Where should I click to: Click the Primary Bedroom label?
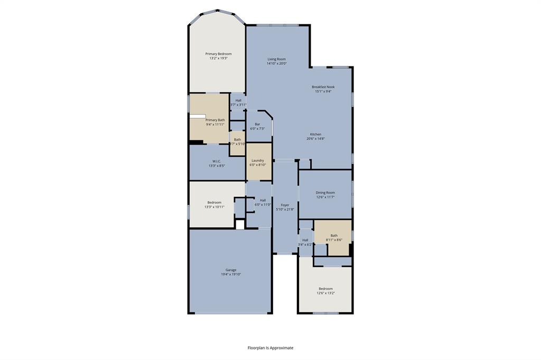[x=218, y=54]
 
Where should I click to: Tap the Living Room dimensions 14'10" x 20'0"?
[x=276, y=63]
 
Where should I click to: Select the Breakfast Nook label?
[x=323, y=87]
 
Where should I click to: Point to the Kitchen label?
[x=315, y=134]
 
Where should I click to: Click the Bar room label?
[x=257, y=124]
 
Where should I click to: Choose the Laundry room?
[x=258, y=160]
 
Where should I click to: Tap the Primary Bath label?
[x=215, y=120]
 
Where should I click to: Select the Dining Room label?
[x=325, y=193]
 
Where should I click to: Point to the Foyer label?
[x=285, y=205]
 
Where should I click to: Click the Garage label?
[x=231, y=270]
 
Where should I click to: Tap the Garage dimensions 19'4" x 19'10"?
[x=231, y=274]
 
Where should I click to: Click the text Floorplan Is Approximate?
[x=270, y=348]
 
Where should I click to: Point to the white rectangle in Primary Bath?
[x=198, y=116]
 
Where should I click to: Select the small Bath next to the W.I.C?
[x=237, y=141]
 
